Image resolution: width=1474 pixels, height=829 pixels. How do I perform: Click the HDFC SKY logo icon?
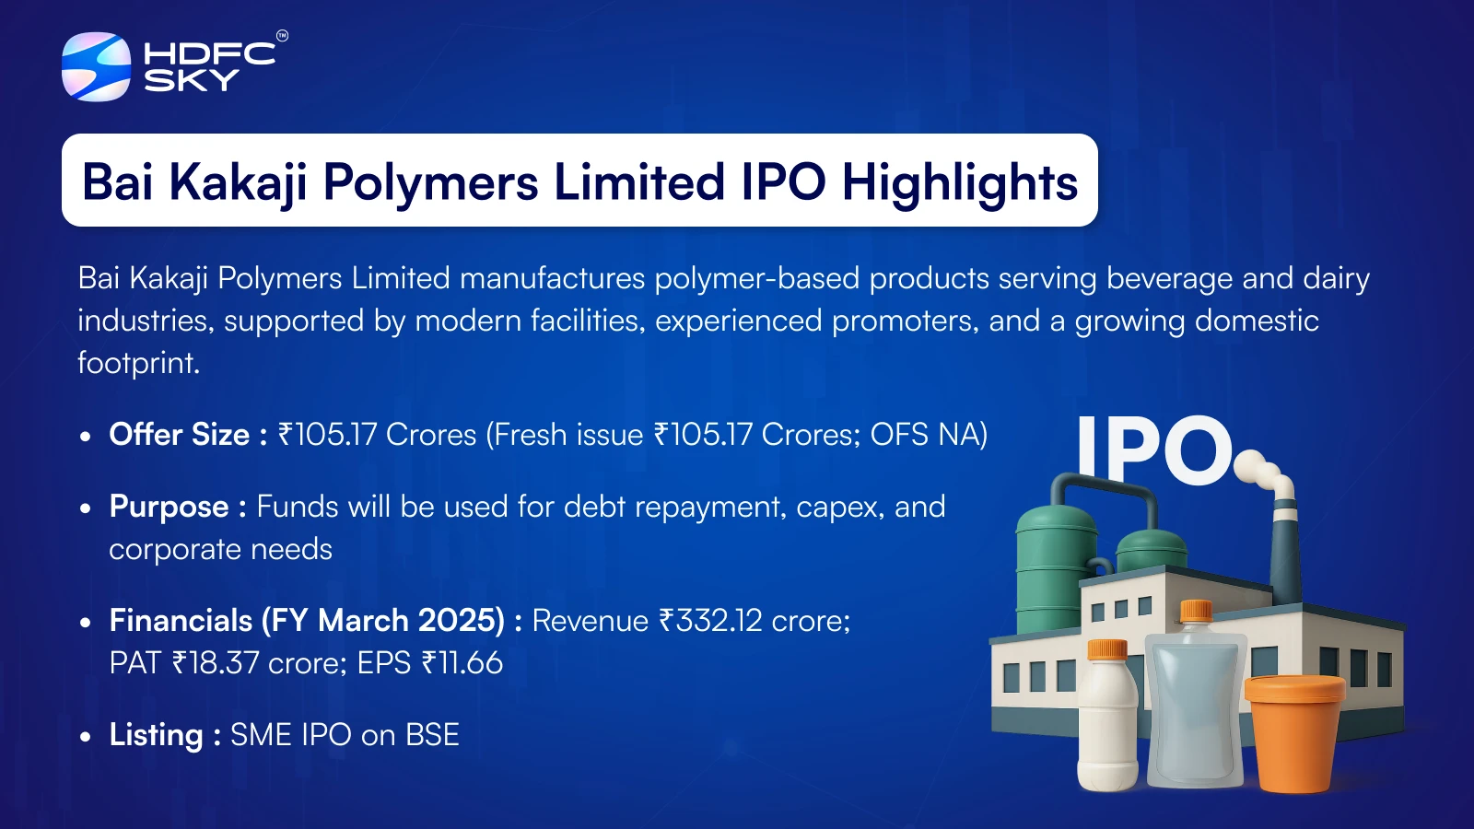pos(96,66)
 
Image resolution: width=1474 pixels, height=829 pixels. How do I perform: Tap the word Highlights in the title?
pos(959,182)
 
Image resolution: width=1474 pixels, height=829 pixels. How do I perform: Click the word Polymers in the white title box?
pos(431,182)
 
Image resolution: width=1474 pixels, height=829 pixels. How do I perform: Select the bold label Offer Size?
pos(179,434)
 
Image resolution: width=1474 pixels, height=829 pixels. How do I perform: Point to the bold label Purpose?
pos(170,508)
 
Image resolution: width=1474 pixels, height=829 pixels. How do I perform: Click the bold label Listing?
pos(156,735)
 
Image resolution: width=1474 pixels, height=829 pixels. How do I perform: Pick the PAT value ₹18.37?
pos(216,662)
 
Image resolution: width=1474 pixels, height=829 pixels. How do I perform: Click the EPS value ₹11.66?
pos(462,662)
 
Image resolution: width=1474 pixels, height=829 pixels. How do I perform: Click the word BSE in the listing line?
pos(432,735)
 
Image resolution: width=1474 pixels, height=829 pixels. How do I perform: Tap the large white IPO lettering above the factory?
pos(1153,450)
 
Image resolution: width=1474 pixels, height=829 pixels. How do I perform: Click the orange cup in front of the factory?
pos(1294,733)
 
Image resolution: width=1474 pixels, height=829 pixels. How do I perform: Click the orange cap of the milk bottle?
pos(1107,649)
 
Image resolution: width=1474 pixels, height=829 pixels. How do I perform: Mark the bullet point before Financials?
pos(85,622)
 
